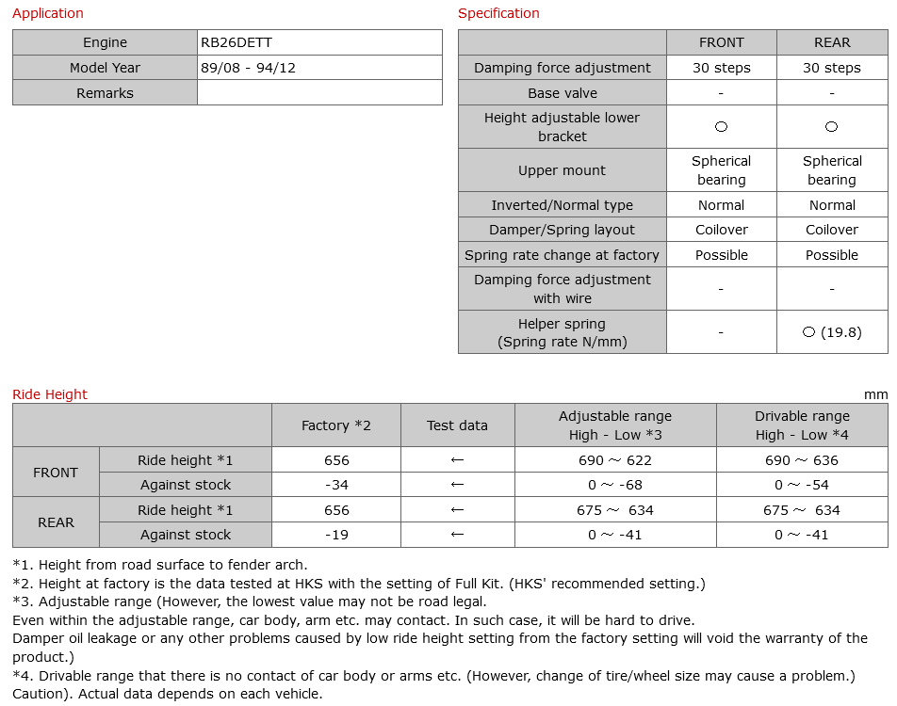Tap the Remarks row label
click(105, 93)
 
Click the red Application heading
click(48, 13)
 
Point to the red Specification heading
click(498, 13)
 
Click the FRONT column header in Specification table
click(721, 42)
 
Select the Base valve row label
click(563, 93)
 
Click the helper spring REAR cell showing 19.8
click(832, 332)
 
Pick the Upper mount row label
click(563, 170)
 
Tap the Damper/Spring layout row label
click(563, 230)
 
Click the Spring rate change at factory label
click(563, 255)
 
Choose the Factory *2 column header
click(336, 425)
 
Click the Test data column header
click(457, 425)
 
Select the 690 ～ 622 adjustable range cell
click(615, 460)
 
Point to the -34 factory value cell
click(336, 485)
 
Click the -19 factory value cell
click(336, 535)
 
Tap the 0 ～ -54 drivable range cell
click(802, 485)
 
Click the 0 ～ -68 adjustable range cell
click(615, 485)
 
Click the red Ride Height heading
click(50, 394)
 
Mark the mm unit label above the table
click(875, 394)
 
